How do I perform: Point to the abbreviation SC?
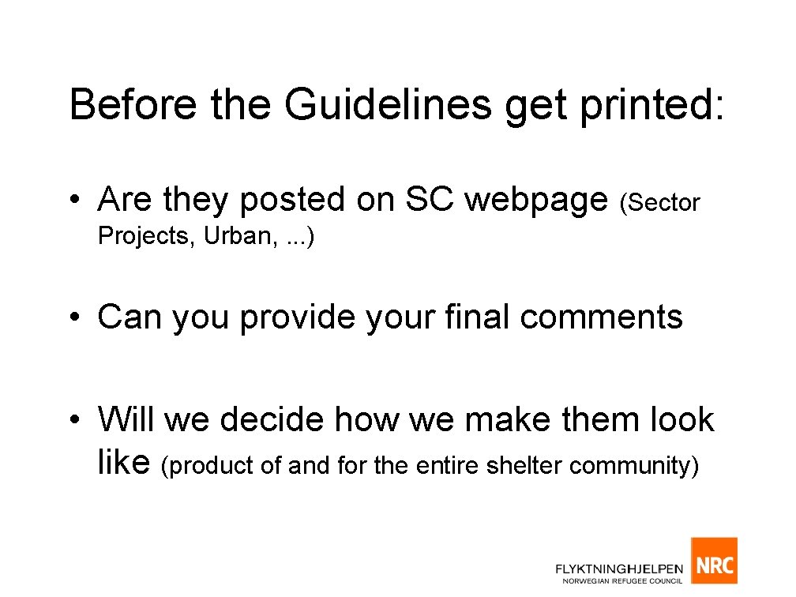pos(430,201)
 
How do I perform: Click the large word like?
pos(124,464)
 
